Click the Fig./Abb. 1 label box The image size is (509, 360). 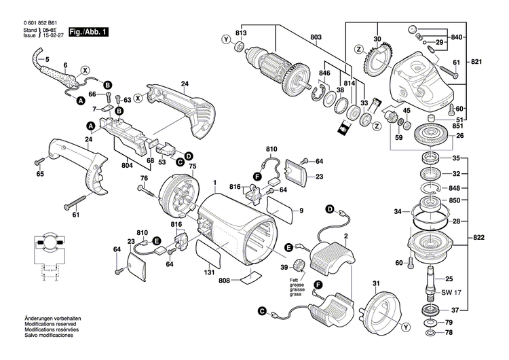click(88, 32)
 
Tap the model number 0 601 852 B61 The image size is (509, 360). click(33, 22)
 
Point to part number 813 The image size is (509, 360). click(240, 33)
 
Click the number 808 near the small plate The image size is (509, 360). click(225, 280)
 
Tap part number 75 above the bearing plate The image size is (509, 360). click(192, 166)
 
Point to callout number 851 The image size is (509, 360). click(459, 126)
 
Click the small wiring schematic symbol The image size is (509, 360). click(45, 256)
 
